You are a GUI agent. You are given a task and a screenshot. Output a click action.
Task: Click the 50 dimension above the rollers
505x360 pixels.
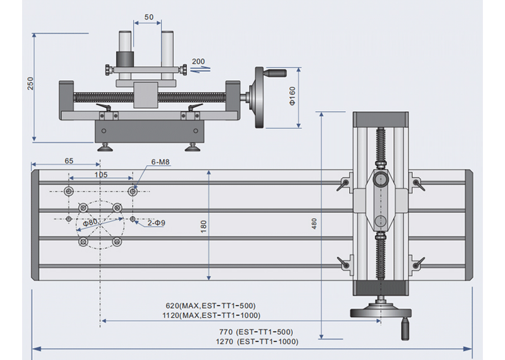(x=149, y=17)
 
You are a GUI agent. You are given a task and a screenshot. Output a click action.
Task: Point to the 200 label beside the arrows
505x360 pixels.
(x=199, y=62)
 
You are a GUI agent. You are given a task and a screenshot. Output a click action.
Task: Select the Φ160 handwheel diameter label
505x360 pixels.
(x=292, y=97)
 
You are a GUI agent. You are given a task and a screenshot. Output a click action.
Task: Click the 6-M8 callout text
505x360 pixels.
(x=161, y=162)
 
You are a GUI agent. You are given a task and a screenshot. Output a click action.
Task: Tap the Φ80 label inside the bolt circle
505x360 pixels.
(x=91, y=222)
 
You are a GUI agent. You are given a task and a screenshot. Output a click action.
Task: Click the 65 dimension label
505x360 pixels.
(x=69, y=161)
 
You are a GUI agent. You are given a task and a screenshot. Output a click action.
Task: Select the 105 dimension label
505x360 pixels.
(x=100, y=174)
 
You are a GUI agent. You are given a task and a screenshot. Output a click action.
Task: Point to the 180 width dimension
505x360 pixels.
(x=203, y=226)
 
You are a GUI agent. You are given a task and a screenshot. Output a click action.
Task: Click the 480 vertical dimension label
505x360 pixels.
(x=314, y=223)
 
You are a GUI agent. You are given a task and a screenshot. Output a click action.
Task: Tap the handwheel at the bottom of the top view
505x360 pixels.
(x=379, y=311)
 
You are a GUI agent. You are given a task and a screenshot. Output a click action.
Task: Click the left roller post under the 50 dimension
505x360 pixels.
(x=126, y=51)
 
